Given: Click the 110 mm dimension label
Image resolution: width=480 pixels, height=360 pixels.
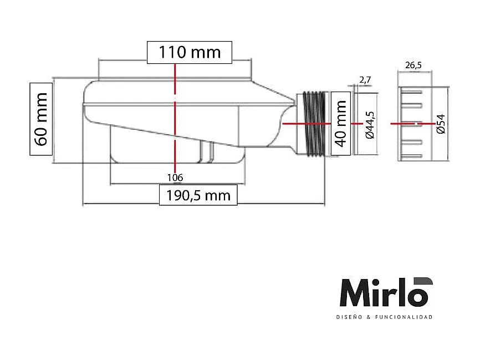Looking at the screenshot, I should [190, 52].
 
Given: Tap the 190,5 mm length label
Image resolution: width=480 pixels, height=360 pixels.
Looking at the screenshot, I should [198, 195].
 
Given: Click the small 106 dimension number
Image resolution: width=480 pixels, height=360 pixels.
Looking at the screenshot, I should [175, 178].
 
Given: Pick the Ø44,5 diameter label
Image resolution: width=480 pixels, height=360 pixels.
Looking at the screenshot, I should [370, 124].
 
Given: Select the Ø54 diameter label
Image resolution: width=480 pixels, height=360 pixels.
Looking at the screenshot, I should [441, 124].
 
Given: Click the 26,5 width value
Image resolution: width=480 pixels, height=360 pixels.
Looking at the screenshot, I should [413, 65].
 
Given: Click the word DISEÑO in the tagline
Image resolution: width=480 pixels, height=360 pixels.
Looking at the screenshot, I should [348, 317].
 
